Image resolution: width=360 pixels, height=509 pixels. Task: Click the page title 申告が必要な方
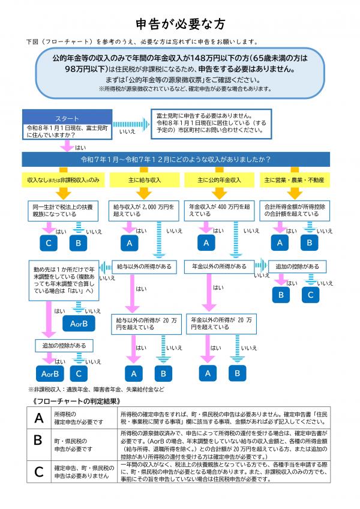180,24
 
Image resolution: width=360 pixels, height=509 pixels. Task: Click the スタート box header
66,118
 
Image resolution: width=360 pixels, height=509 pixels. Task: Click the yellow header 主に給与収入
144,180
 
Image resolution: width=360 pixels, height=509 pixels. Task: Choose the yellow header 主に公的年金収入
219,180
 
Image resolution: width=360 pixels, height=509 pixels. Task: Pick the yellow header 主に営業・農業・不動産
295,180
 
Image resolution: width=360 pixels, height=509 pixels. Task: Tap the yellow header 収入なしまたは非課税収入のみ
63,180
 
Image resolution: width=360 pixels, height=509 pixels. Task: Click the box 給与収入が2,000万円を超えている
144,209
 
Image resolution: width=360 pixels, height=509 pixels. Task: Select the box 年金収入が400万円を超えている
219,209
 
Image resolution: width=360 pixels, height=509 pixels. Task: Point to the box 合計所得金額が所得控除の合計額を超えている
295,209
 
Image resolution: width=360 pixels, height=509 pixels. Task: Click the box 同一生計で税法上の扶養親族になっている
63,209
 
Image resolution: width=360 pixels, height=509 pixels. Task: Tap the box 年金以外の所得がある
219,266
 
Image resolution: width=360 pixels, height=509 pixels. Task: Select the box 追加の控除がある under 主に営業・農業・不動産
298,266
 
